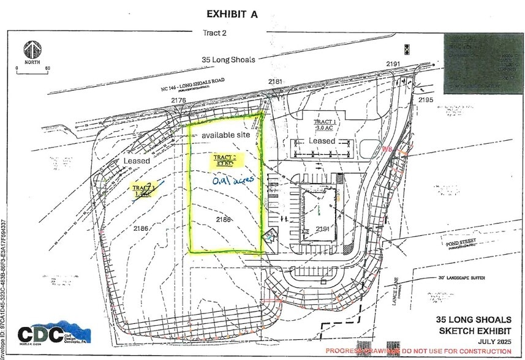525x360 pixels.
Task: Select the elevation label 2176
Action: (x=178, y=100)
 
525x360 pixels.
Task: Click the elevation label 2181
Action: (x=276, y=81)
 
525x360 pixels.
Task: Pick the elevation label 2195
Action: (x=425, y=99)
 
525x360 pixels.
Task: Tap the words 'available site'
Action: (x=224, y=135)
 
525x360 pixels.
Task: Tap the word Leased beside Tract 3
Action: (x=136, y=160)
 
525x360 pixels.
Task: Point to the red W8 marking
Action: (x=387, y=149)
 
